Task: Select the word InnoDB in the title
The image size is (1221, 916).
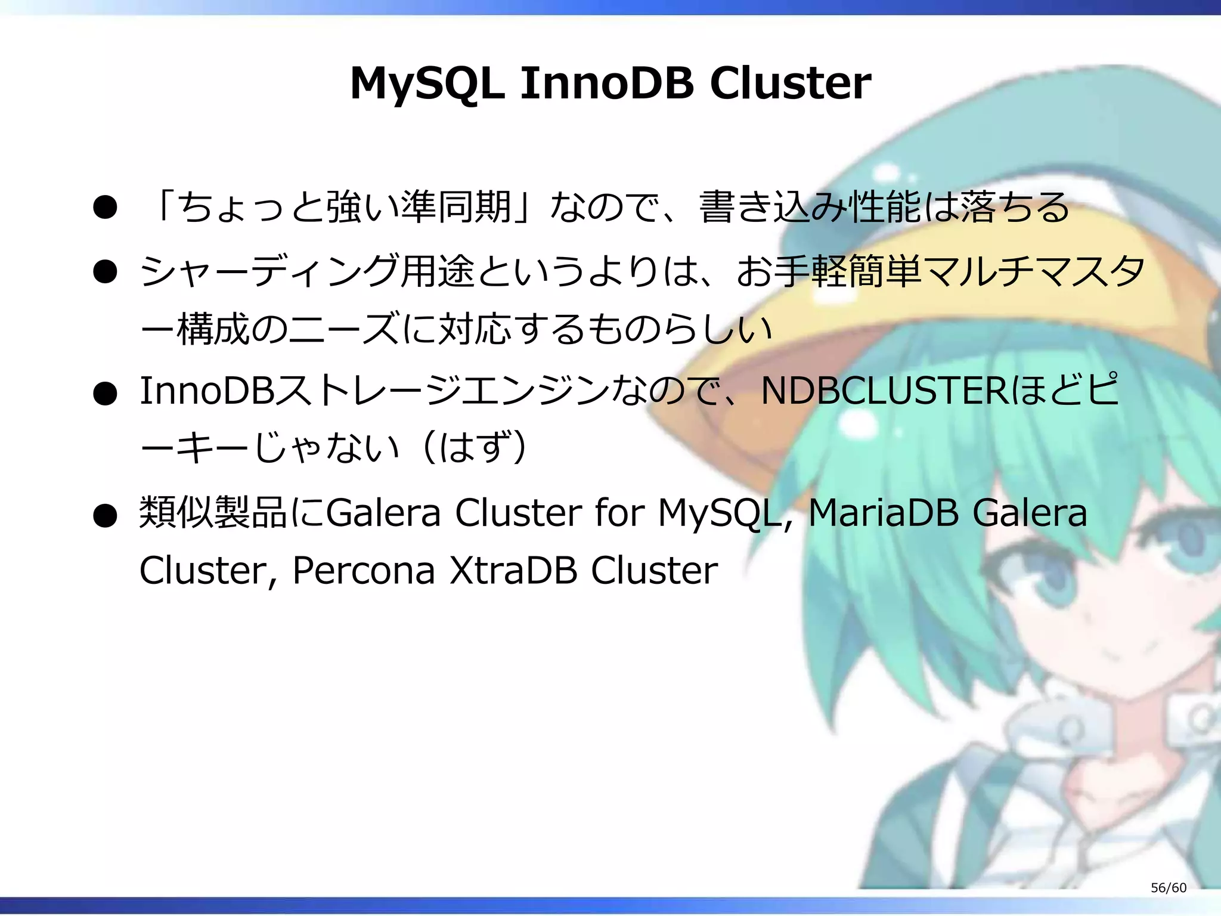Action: pos(607,83)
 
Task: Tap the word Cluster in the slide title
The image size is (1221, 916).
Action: pos(791,83)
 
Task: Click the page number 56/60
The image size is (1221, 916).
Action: pos(1169,887)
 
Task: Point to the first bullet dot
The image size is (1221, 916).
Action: pos(105,208)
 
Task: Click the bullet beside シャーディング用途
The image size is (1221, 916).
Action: pos(105,272)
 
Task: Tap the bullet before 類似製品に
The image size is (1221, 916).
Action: pos(105,515)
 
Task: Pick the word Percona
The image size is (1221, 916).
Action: pos(364,571)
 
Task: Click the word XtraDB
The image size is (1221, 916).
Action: pos(513,571)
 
